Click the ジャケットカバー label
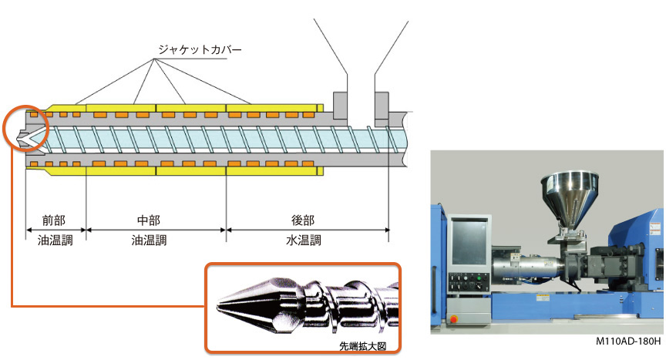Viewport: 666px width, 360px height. click(x=200, y=49)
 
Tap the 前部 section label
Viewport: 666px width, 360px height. click(x=55, y=220)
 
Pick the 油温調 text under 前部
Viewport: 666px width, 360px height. click(x=55, y=240)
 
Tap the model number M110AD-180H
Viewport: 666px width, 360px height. click(x=627, y=341)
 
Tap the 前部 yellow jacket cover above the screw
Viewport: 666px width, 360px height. click(x=58, y=106)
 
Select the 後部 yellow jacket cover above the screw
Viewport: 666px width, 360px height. click(x=274, y=106)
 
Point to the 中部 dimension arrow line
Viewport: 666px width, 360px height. click(x=156, y=230)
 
